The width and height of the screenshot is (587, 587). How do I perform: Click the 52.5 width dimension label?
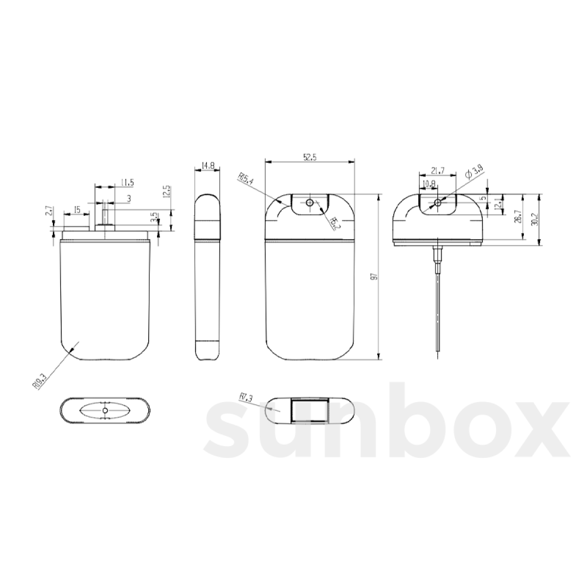310,157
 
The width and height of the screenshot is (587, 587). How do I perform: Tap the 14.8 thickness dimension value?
208,166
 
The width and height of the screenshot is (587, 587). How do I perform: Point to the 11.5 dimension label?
126,182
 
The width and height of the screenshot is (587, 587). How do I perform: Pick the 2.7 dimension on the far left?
48,211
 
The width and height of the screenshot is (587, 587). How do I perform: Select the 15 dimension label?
76,210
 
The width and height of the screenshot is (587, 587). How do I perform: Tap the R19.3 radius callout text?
40,380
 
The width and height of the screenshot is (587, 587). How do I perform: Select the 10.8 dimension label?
429,183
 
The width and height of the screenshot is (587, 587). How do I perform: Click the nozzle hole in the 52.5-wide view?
309,203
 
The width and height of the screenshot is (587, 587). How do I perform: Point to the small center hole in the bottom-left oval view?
105,410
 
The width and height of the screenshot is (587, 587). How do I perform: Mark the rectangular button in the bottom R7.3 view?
309,410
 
